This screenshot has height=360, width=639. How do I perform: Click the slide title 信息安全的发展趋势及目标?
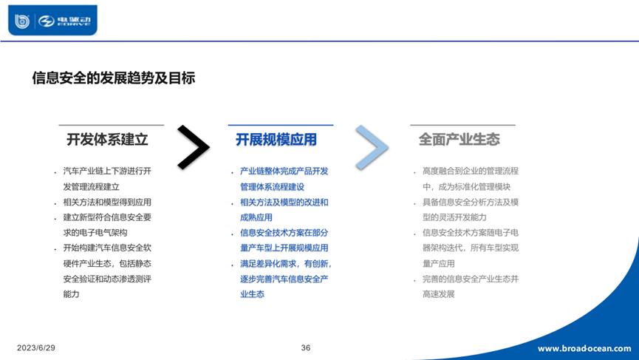tap(114, 78)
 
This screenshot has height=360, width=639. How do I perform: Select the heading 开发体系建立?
tap(107, 139)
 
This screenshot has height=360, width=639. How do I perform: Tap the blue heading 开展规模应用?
tap(276, 139)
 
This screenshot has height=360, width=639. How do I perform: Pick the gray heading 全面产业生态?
tap(459, 139)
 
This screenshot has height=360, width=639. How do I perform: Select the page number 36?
tap(306, 347)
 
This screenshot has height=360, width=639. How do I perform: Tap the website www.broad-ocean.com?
tap(584, 348)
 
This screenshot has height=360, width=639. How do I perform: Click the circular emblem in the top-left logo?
tap(23, 21)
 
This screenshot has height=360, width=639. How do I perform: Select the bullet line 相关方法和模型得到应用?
tap(107, 202)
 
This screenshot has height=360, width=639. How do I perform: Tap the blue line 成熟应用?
tap(256, 217)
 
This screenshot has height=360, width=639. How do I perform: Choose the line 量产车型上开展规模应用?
tap(284, 248)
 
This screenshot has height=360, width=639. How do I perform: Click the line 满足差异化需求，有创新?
tap(285, 263)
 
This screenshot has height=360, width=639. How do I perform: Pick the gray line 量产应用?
tap(438, 263)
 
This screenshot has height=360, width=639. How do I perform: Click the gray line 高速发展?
tap(438, 294)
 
